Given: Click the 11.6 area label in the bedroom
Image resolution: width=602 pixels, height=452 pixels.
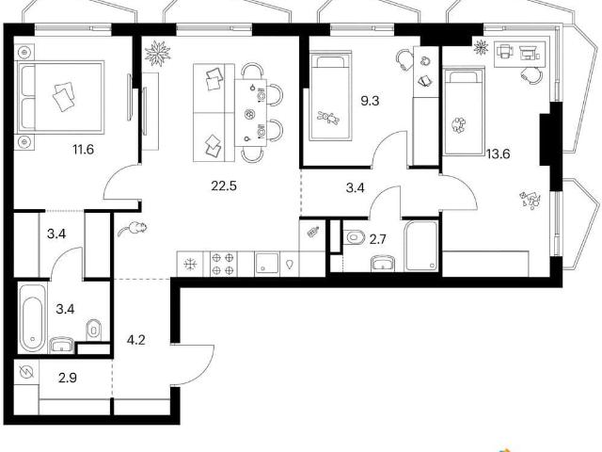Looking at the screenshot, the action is pos(84,149).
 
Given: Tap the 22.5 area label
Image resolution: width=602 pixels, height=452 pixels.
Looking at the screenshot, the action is pos(224,186).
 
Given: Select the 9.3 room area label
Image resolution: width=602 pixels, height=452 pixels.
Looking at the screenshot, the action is pos(370,101).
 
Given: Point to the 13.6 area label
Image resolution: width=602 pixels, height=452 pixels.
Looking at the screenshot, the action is pos(498,154).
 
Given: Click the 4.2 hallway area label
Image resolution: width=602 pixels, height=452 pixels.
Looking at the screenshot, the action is pos(135,340).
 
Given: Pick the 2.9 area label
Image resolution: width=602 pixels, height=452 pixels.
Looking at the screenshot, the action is pos(68,378).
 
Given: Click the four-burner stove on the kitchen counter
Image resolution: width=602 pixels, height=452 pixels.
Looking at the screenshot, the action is pos(223,264).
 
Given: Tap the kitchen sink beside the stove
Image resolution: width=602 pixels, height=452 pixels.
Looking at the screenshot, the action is pos(266,263).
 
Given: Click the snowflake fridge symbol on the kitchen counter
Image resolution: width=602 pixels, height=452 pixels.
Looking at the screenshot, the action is pos(190,265).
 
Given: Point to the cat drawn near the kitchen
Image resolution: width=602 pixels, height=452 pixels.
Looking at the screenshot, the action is pos(133,228).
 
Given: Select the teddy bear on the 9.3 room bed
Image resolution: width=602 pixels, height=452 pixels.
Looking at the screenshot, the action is pos(328,117).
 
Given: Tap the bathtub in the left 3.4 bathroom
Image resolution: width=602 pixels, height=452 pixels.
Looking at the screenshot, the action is pos(32,317).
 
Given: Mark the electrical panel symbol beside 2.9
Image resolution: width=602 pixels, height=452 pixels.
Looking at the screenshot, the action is pos(27,372).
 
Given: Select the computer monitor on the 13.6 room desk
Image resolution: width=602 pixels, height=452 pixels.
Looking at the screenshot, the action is pos(530,53).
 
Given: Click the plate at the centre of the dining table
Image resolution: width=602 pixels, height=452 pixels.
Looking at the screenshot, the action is pos(249,114).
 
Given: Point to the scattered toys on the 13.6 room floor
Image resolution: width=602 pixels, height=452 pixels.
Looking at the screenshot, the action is pos(530,200).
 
